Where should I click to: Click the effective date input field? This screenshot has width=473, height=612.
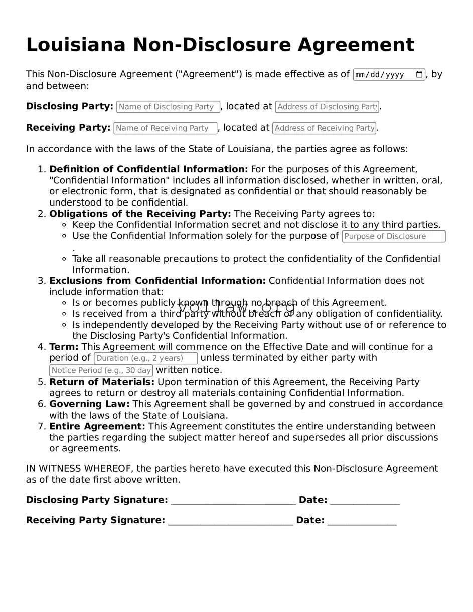point(384,75)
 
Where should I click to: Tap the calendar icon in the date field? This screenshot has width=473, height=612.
point(419,75)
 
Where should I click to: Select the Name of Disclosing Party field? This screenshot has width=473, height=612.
point(168,107)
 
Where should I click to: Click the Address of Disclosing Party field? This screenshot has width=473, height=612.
point(327,107)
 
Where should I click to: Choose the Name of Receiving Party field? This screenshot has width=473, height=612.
point(166,128)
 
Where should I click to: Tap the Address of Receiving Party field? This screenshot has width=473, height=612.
point(324,128)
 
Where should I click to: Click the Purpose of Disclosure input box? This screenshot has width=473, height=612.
point(394,236)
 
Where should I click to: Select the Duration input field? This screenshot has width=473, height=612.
point(145,358)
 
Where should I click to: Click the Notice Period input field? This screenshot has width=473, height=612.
point(101,370)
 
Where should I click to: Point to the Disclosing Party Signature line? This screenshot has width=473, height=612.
point(233,501)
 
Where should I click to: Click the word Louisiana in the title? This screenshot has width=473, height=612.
point(76,45)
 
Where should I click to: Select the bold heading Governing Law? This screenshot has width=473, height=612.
point(89,404)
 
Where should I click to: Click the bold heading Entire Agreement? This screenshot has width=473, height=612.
point(97,426)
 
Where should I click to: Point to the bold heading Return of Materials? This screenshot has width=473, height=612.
point(102,382)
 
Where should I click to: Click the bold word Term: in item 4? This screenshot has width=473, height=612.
point(64,347)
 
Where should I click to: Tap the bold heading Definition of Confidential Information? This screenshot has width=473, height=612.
point(148,169)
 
